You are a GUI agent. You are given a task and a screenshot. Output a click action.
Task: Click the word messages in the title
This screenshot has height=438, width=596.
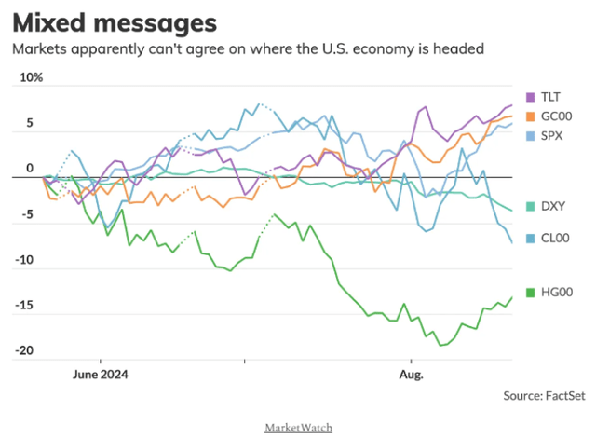(x=154, y=21)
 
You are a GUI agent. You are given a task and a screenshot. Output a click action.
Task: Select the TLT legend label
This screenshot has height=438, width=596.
(x=552, y=97)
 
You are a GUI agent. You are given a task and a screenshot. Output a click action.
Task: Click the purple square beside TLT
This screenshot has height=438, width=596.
(x=531, y=97)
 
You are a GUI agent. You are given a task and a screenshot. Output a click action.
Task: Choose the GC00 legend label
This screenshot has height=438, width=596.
(x=558, y=116)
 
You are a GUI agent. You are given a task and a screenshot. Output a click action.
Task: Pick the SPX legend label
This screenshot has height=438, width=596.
(x=553, y=136)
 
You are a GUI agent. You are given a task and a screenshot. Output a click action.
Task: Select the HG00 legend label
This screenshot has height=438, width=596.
(x=558, y=293)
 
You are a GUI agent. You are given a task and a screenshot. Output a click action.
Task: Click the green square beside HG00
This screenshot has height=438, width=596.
(x=531, y=293)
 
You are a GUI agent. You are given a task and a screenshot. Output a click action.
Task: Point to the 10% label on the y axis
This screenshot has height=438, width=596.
(x=31, y=78)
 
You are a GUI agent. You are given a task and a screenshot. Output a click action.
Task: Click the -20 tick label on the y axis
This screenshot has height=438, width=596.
(x=26, y=350)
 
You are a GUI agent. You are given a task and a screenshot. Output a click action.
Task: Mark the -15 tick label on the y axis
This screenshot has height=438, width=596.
(x=26, y=305)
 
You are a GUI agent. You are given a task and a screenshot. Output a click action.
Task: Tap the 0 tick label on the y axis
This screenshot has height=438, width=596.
(x=30, y=169)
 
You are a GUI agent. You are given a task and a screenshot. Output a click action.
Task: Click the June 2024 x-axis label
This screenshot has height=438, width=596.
(x=100, y=375)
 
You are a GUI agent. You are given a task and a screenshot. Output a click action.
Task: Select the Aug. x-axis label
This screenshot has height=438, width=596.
(x=411, y=375)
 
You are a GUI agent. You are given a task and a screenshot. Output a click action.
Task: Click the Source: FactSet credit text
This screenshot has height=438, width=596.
(x=543, y=395)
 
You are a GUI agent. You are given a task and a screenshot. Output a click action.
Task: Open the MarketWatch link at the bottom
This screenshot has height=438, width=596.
(x=298, y=427)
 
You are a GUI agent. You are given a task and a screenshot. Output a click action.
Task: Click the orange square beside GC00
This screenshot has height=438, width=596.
(x=531, y=116)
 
